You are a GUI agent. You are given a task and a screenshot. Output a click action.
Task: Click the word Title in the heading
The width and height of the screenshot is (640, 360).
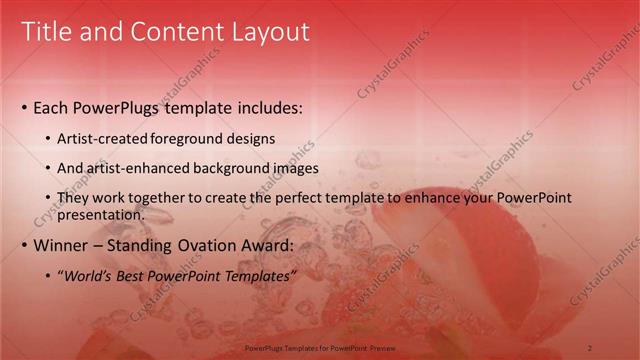click(46, 32)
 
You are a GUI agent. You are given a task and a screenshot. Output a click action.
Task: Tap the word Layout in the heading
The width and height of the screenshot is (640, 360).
click(268, 32)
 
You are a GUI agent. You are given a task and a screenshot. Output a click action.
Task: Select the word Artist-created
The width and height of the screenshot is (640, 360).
click(103, 138)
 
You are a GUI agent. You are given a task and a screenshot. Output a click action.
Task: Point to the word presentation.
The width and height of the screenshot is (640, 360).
click(100, 214)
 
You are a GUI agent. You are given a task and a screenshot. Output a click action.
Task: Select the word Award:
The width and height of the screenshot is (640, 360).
click(266, 245)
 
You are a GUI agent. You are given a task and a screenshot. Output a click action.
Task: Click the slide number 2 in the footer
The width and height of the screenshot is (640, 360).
click(590, 347)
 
